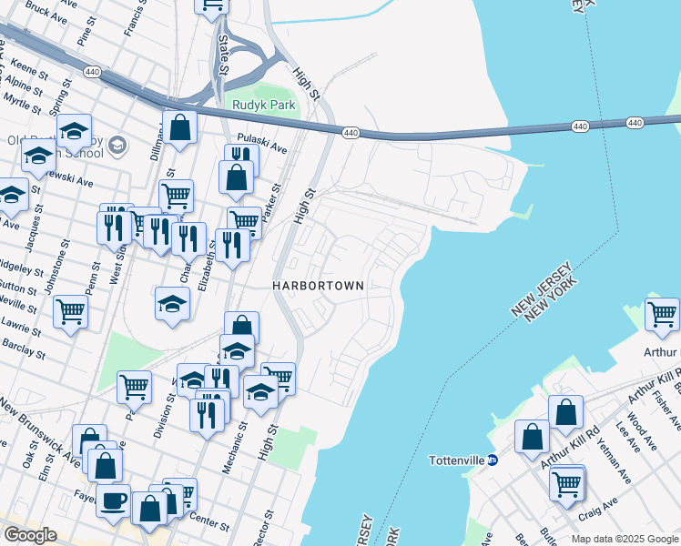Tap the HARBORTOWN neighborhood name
(x=319, y=286)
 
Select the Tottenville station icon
(x=491, y=460)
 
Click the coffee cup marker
(x=113, y=500)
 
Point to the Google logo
(x=31, y=535)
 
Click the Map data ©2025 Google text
(x=625, y=539)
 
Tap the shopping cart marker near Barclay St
(x=70, y=312)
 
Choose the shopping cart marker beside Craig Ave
(x=566, y=482)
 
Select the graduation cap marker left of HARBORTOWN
(x=171, y=305)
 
